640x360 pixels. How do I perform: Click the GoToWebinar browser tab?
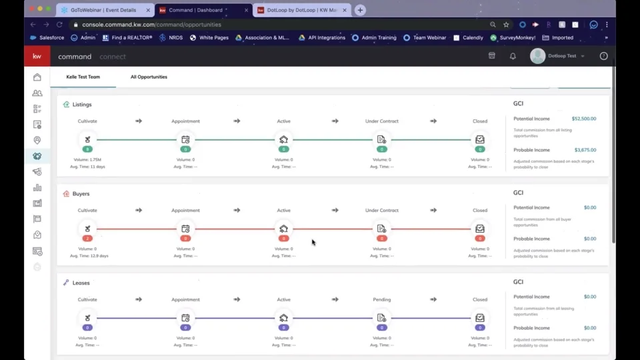(x=100, y=11)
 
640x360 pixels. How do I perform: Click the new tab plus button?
(x=360, y=10)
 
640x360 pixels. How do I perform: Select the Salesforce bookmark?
(x=47, y=38)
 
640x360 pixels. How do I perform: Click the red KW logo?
(x=37, y=57)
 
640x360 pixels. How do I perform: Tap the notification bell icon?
(x=513, y=57)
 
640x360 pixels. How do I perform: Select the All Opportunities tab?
(x=149, y=77)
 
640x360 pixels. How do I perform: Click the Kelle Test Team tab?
(x=83, y=77)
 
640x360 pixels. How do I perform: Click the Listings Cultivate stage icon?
(x=87, y=139)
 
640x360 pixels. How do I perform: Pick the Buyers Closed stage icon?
(x=480, y=229)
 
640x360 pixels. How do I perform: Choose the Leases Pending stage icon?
(x=381, y=318)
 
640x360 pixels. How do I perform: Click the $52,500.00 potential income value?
(x=583, y=119)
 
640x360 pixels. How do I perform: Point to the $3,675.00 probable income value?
(x=585, y=150)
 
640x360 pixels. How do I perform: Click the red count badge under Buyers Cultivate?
(x=87, y=238)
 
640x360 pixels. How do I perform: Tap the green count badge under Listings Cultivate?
(x=87, y=149)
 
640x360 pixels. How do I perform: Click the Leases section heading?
(x=81, y=283)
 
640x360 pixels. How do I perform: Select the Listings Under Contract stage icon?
(x=381, y=139)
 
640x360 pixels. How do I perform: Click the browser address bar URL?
(x=151, y=25)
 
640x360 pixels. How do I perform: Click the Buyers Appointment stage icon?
(x=185, y=229)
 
